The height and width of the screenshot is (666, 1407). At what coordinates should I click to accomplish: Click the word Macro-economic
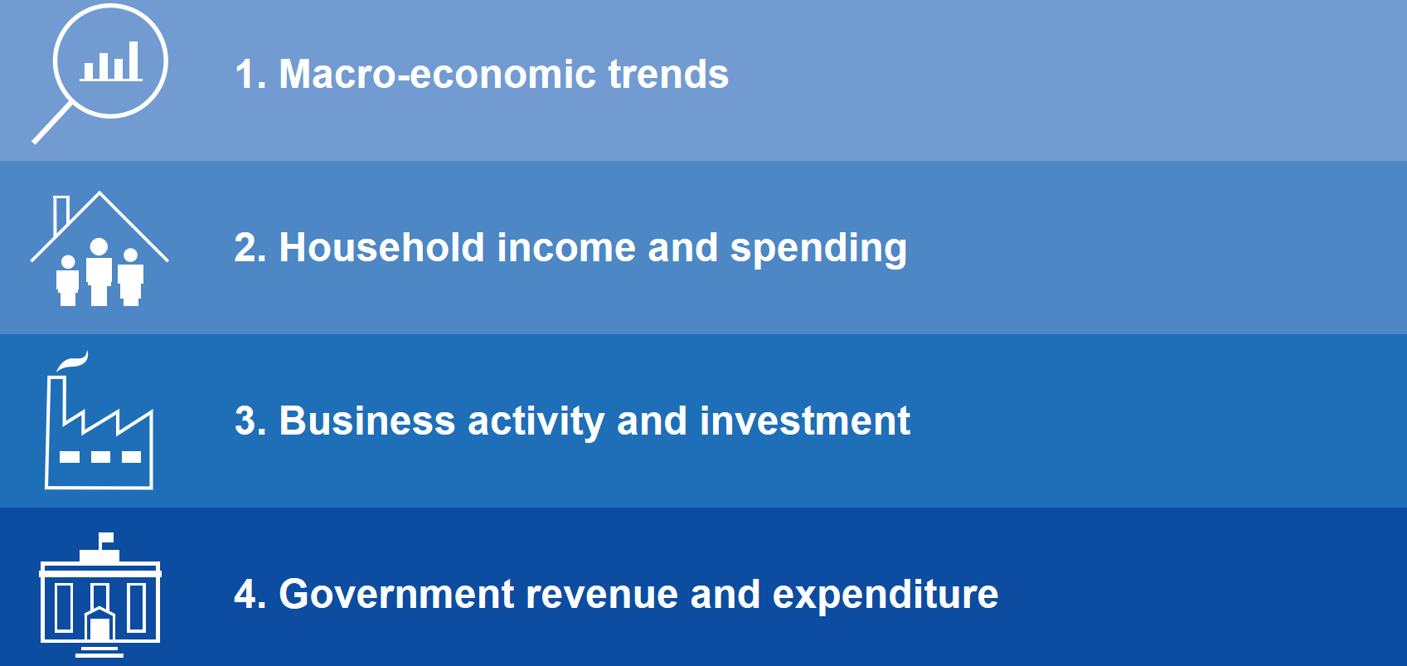pos(437,74)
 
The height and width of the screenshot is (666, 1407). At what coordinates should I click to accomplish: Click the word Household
pos(381,247)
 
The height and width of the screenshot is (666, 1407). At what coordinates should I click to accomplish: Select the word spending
pos(818,249)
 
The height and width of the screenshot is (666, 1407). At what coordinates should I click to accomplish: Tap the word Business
pos(366,421)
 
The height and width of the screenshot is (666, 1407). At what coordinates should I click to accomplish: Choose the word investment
pos(804,421)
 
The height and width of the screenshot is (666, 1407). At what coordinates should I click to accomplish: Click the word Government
pos(396,594)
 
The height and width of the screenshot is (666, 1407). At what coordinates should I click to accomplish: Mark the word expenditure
pos(885,595)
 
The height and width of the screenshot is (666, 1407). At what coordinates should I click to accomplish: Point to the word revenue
pos(602,596)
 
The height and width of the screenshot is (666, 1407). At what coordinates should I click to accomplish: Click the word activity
pos(536,422)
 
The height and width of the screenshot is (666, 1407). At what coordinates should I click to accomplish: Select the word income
pos(566,247)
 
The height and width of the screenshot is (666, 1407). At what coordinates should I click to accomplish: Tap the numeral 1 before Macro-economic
pos(245,74)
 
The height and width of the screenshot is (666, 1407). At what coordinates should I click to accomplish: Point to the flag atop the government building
pos(106,537)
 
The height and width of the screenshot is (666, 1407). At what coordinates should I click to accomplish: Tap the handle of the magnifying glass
pos(53,123)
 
